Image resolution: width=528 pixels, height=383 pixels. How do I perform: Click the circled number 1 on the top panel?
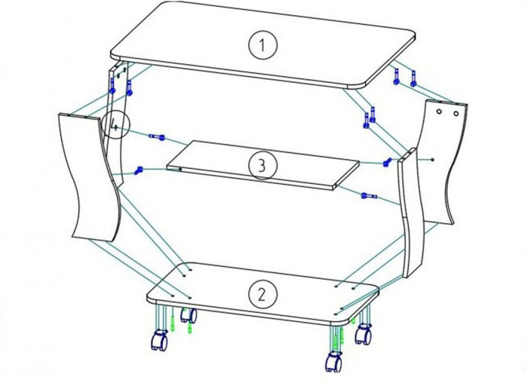pos(262,45)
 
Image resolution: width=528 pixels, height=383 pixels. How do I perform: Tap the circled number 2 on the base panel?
pos(262,295)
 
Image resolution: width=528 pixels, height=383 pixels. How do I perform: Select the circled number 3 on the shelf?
pos(262,165)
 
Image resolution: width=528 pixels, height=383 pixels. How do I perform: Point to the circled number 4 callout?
pos(115,126)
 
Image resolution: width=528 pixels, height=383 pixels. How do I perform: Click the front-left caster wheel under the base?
pos(159,341)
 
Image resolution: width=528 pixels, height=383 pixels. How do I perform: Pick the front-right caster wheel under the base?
pos(333,361)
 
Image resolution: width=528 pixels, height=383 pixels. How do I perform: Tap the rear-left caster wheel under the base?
pos(189,315)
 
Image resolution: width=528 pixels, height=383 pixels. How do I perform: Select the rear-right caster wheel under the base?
pos(364,333)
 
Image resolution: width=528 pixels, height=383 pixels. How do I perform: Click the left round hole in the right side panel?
pos(439,112)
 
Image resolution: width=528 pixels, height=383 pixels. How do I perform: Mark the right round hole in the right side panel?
pos(456,114)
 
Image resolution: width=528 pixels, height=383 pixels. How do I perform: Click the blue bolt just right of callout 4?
pos(157,136)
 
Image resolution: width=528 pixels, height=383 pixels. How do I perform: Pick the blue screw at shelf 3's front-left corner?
pos(139,170)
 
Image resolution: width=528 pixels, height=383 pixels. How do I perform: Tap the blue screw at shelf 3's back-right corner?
pos(388,162)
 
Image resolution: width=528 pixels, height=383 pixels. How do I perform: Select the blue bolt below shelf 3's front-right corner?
pos(369,195)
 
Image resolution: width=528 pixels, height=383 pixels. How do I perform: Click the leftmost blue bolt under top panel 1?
pos(112,85)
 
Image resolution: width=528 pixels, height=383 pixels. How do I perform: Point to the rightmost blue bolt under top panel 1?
pos(413,78)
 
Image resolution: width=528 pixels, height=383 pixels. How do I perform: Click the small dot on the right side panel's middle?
pos(433,159)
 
